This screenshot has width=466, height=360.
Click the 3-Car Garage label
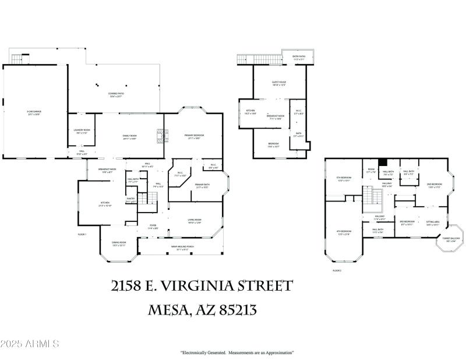point(33,112)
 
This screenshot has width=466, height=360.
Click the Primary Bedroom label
point(193,136)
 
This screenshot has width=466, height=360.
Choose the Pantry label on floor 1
point(131,200)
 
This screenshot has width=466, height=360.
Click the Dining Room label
point(118,245)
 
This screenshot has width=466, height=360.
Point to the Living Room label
point(194,221)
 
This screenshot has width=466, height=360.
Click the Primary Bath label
point(203,186)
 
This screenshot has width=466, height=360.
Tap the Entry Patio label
point(298,58)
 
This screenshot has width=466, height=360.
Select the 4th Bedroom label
point(344,232)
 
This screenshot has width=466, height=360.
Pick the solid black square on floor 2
point(383,163)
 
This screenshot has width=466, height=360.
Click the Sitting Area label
point(432,223)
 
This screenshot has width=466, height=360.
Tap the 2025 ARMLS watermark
point(30,344)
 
